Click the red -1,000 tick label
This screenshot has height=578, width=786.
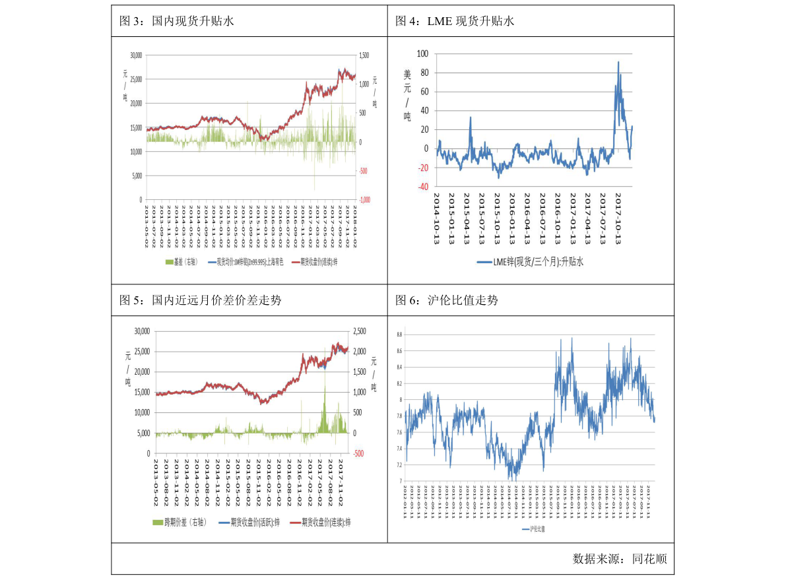(364, 199)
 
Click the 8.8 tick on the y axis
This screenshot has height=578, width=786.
(399, 335)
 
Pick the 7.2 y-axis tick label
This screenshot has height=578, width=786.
(399, 465)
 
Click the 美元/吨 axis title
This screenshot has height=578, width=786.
(407, 96)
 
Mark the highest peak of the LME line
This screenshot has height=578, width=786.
(618, 62)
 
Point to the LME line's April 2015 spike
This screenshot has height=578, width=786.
(471, 117)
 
